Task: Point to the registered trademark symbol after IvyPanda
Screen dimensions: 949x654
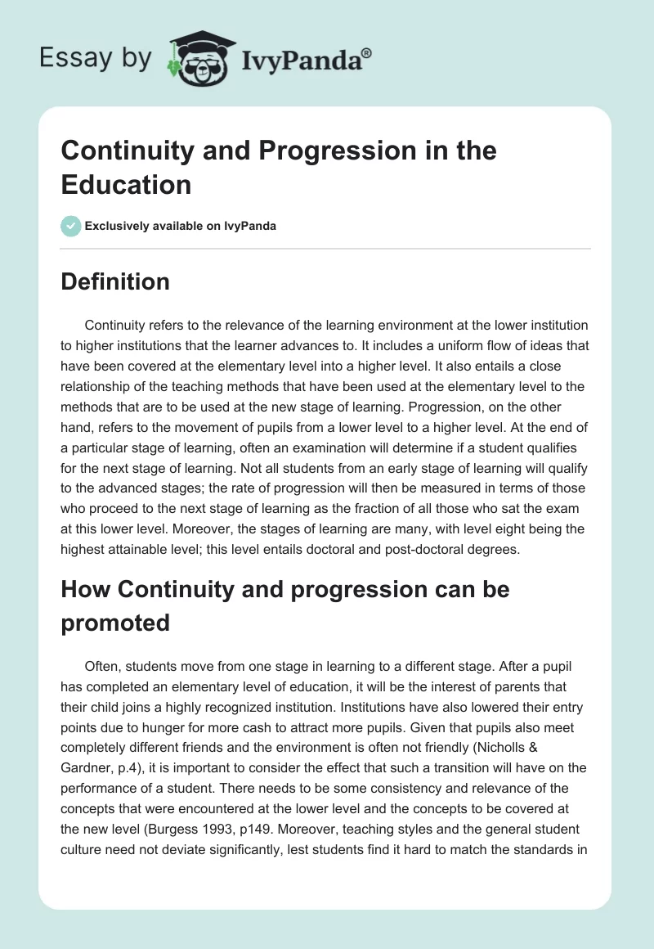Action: click(x=366, y=52)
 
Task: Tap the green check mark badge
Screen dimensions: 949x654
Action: click(x=71, y=226)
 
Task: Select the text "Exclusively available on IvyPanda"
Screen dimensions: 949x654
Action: click(x=181, y=226)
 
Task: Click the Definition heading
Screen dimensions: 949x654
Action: click(x=115, y=282)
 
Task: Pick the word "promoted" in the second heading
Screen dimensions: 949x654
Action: click(x=115, y=623)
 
